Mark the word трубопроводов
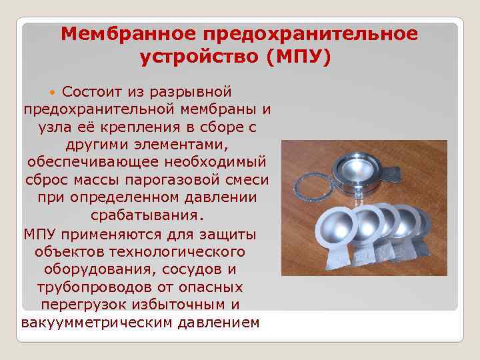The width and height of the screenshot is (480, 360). (x=95, y=289)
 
